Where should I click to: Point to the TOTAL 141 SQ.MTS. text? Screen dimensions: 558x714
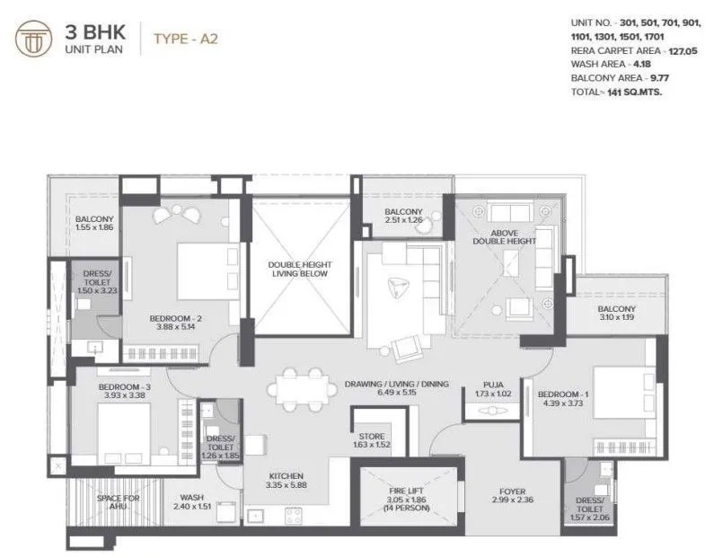click(x=615, y=91)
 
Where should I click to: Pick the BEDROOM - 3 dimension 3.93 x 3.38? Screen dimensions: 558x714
click(x=124, y=396)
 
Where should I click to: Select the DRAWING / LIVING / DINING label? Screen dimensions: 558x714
click(x=396, y=384)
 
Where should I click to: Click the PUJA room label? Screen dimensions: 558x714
click(x=491, y=384)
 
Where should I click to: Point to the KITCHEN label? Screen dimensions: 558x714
click(x=286, y=475)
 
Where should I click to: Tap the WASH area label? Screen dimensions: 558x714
click(x=191, y=496)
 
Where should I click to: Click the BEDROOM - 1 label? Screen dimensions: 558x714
click(x=562, y=394)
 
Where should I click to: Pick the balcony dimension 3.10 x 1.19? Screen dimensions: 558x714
click(x=616, y=316)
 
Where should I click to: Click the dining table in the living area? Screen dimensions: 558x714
click(x=302, y=387)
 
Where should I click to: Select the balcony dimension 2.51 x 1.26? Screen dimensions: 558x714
click(x=401, y=218)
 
